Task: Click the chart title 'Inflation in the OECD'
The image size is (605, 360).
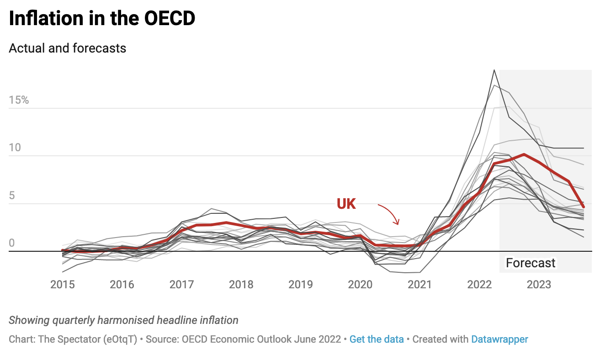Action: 102,18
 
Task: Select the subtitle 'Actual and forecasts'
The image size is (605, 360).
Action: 67,48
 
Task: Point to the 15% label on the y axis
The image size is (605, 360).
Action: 19,100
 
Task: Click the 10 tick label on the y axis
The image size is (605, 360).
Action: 15,148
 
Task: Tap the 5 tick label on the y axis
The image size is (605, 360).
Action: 12,196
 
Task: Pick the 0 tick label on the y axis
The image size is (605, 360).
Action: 12,243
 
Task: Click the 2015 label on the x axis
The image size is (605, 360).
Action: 63,285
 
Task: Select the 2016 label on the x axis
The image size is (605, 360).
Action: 122,285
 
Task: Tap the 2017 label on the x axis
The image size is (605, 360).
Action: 181,285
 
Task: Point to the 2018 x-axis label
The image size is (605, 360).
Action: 241,285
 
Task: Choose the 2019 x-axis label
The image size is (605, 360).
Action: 301,285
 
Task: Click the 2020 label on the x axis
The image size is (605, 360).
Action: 360,285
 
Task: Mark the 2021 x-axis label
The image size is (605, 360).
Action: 419,285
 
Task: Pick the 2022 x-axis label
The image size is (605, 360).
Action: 479,285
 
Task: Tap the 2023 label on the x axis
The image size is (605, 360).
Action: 539,285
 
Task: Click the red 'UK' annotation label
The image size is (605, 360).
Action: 346,204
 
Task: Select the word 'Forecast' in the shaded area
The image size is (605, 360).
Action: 531,263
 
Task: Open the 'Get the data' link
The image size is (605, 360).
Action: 377,339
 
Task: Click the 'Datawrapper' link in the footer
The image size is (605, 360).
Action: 499,339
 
